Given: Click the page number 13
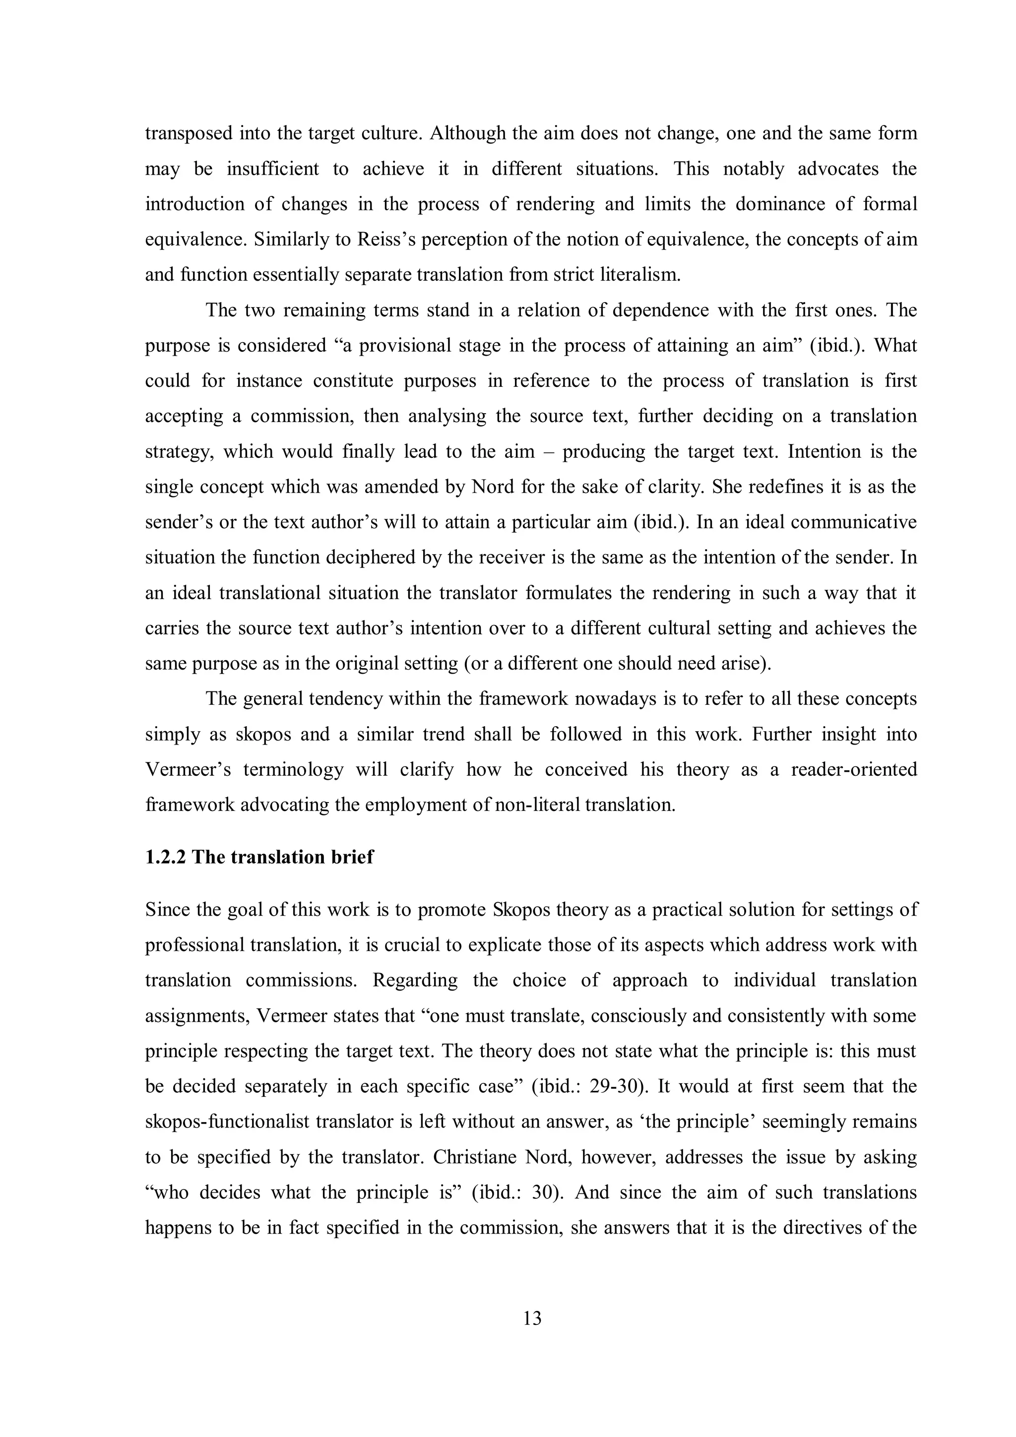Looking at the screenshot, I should click(532, 1319).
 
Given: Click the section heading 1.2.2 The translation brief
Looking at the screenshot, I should click(258, 857).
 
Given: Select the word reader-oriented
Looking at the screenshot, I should click(854, 769).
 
